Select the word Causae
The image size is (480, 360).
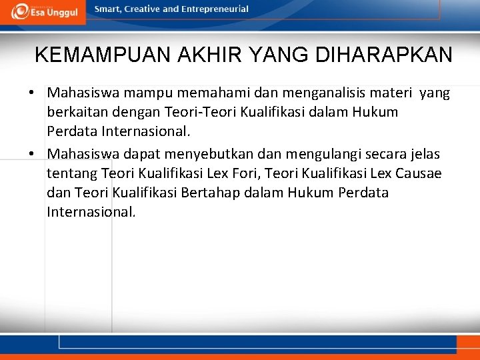coord(419,173)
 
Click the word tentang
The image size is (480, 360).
coord(71,173)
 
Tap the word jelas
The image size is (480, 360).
coord(424,154)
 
